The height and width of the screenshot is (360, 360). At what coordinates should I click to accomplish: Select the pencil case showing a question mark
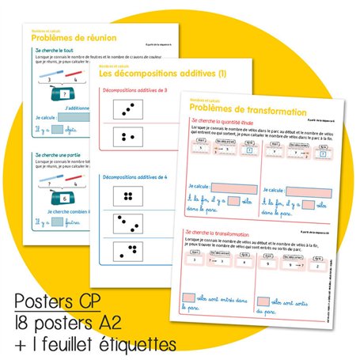(x=58, y=93)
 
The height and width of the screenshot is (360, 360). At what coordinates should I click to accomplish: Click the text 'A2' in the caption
(x=127, y=324)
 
